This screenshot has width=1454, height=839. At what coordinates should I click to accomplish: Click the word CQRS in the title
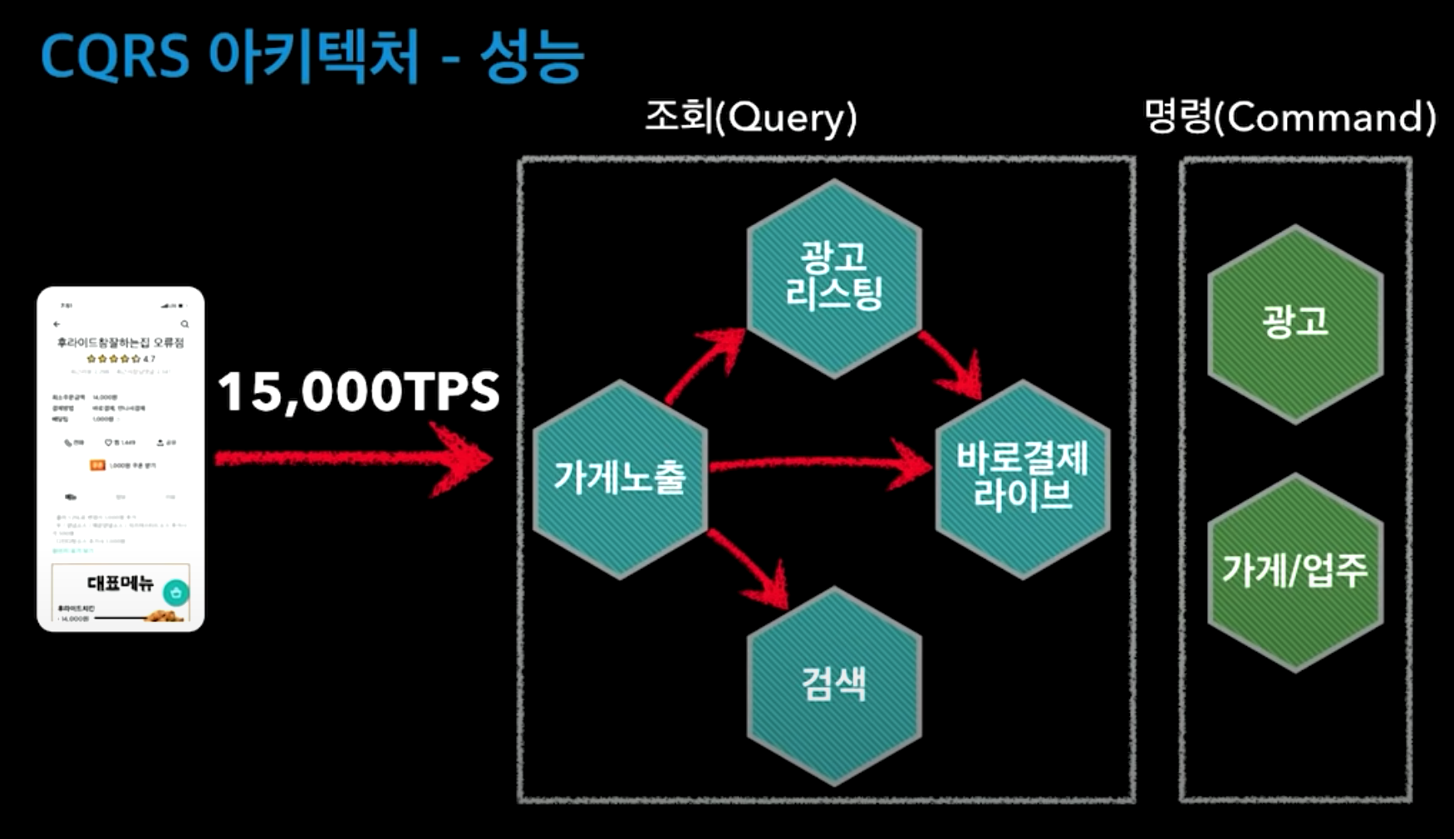[115, 56]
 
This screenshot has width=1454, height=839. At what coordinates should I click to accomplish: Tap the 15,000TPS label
[359, 391]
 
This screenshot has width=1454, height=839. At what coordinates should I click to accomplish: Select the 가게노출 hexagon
[620, 478]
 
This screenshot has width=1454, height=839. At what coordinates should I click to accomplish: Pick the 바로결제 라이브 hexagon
[1023, 478]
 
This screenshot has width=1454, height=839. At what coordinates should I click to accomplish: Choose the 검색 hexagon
[834, 684]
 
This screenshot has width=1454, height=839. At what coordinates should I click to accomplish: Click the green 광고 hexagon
[1294, 322]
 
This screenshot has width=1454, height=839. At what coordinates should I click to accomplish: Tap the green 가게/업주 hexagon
[1294, 572]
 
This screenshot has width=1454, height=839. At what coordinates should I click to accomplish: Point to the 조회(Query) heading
[750, 117]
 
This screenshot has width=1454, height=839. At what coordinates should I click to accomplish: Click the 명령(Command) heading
[1289, 117]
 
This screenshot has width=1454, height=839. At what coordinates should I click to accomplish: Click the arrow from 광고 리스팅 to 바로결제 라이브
[951, 362]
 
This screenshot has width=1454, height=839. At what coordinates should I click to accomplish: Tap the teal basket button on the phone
[176, 592]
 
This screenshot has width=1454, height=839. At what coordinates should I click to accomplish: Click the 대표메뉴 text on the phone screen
[120, 583]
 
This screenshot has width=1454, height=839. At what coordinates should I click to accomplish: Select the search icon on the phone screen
[184, 324]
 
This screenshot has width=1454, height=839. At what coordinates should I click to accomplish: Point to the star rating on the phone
[115, 359]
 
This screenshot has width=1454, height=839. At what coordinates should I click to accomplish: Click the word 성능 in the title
[532, 56]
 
